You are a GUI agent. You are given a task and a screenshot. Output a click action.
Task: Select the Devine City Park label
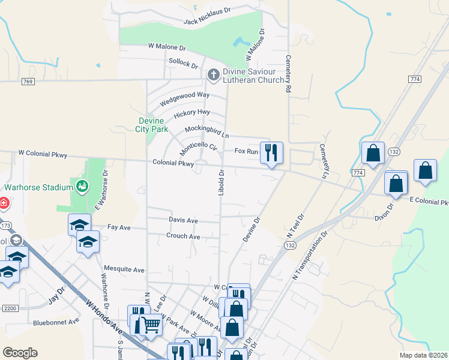(150, 124)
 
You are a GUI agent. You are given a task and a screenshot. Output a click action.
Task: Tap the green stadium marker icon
(82, 187)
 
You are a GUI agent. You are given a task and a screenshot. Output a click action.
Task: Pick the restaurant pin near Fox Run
(271, 152)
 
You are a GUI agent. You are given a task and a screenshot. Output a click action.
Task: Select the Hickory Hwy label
(191, 113)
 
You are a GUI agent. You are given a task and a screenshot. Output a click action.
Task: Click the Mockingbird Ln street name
(207, 131)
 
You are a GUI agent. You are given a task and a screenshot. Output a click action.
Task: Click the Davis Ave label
(183, 221)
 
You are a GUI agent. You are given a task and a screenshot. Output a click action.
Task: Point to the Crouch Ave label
(183, 236)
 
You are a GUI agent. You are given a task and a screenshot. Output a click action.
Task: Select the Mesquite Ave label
(124, 269)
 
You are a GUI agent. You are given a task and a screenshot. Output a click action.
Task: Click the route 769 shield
(27, 81)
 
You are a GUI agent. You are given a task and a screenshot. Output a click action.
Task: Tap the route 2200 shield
(10, 308)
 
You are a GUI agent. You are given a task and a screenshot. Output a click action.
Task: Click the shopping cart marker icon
(151, 325)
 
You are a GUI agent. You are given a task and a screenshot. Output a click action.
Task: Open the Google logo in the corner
(20, 353)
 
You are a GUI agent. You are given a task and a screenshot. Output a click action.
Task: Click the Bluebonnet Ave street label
(56, 321)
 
